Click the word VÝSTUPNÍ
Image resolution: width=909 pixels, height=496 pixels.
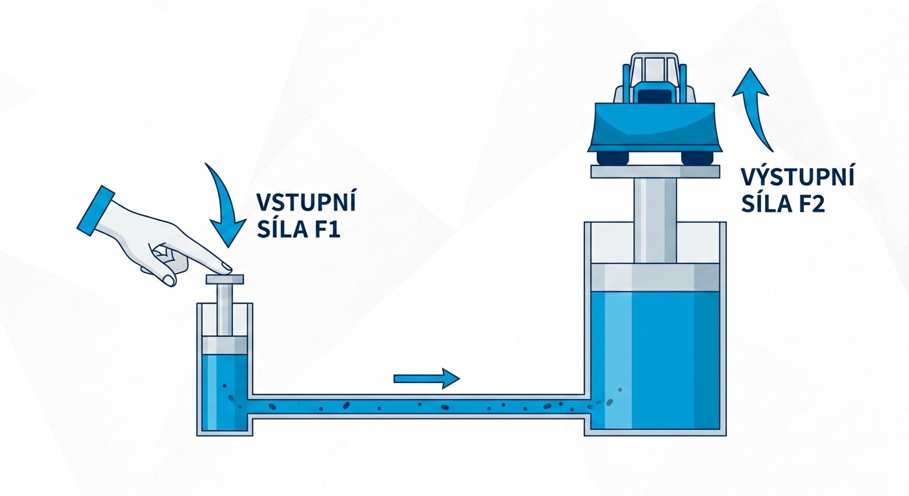coord(798,176)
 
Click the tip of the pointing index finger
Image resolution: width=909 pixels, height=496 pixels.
coord(227,267)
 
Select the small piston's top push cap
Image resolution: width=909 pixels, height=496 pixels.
coord(225,279)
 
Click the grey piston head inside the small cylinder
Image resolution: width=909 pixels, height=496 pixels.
coord(224,344)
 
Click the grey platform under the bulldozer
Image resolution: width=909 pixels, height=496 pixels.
coord(655,171)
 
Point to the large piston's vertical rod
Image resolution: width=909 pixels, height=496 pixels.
coord(655,220)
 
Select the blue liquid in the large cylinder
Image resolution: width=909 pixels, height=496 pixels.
coord(655,362)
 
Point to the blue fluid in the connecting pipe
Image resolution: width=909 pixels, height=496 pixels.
coord(420,406)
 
